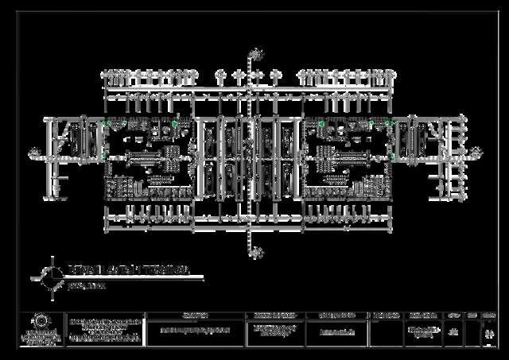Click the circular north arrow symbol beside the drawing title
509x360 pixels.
pos(52,276)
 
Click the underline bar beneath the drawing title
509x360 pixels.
pos(135,279)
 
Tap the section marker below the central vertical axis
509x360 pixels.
pos(255,253)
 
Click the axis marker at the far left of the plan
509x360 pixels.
pos(34,151)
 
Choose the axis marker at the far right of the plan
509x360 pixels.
pos(478,151)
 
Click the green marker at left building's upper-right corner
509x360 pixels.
pos(175,123)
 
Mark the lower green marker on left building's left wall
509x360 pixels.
pos(104,157)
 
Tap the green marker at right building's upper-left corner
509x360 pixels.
pos(321,124)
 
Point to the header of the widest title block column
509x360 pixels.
pos(195,315)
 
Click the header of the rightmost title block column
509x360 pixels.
pos(488,315)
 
